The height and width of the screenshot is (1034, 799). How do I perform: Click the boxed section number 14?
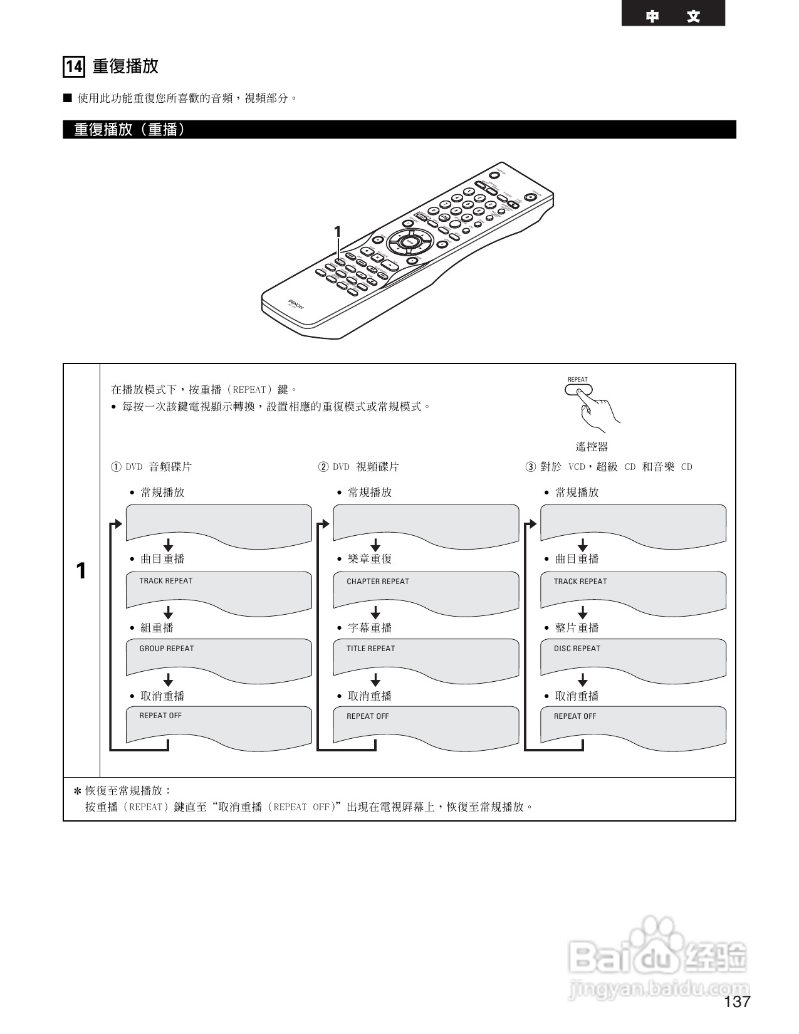pos(74,66)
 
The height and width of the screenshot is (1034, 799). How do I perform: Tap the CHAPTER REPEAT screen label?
pos(377,582)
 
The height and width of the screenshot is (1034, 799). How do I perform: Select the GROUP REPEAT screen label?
pos(166,649)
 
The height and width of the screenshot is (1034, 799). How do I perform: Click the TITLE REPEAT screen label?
pos(370,649)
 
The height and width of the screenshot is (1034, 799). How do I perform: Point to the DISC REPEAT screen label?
pos(577,649)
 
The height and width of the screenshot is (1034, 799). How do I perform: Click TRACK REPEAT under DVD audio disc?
pos(165,581)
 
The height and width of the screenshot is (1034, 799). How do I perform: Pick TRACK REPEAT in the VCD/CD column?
pos(580,582)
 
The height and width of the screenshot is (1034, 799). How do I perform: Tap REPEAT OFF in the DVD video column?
pos(367,716)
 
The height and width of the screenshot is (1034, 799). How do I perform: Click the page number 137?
pos(737,1001)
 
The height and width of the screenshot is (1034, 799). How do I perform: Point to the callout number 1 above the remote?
pos(337,232)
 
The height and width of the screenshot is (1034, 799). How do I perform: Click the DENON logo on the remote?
pos(295,305)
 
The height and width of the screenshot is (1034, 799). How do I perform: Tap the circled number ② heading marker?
pos(323,467)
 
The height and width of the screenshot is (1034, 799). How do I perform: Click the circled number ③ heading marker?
pos(531,467)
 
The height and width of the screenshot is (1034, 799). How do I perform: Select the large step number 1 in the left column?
pos(81,571)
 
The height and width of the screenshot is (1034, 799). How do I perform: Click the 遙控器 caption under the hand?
pos(592,447)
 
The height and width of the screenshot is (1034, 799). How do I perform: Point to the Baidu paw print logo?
pos(652,940)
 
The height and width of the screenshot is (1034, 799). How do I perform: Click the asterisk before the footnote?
pos(78,791)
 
